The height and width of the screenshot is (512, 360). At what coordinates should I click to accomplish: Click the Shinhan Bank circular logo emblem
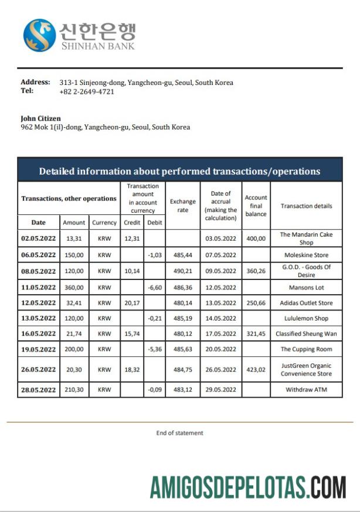(39, 35)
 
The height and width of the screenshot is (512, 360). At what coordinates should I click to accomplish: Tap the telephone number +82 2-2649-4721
(86, 91)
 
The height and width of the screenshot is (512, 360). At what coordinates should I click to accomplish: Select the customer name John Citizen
(40, 118)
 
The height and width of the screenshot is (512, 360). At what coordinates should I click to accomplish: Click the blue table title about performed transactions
(179, 171)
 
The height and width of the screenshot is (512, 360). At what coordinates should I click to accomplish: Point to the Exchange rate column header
(183, 206)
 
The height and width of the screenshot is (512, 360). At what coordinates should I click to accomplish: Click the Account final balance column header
(256, 206)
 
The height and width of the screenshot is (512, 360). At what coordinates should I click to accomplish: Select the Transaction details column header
(306, 206)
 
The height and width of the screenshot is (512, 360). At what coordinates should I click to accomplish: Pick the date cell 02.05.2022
(38, 238)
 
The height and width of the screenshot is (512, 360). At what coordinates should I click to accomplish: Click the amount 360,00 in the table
(74, 288)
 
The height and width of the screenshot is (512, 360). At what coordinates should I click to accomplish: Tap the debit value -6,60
(155, 288)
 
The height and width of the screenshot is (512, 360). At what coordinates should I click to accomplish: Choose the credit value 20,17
(132, 303)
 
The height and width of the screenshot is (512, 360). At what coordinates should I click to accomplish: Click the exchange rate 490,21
(183, 271)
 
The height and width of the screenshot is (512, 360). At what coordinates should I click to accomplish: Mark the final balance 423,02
(256, 370)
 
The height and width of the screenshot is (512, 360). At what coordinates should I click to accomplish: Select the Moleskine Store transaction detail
(306, 255)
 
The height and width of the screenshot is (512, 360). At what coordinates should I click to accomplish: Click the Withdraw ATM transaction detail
(306, 389)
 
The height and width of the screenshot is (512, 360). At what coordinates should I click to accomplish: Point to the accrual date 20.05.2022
(220, 349)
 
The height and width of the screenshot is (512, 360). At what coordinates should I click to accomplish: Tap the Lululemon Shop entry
(306, 319)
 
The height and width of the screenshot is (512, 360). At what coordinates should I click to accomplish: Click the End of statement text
(179, 433)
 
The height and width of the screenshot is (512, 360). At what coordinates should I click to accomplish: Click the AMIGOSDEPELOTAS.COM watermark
(247, 487)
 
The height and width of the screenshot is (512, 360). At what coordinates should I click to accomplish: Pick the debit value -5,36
(155, 349)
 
